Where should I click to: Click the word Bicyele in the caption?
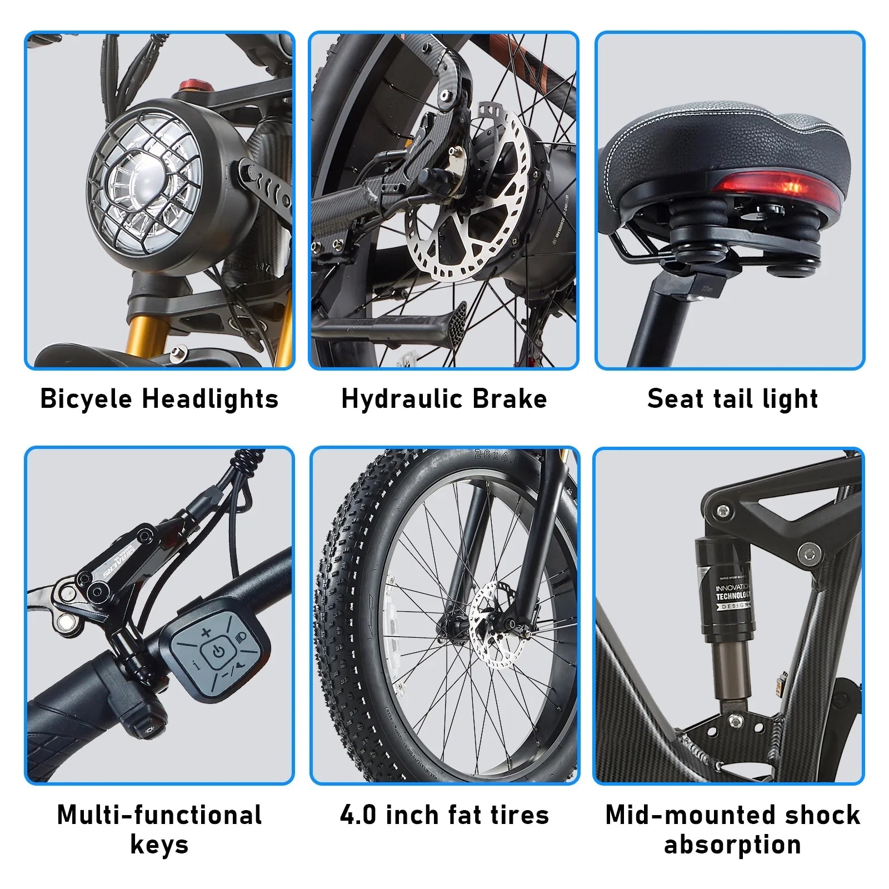click(87, 399)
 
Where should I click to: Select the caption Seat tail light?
click(732, 399)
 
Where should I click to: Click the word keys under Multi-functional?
click(159, 845)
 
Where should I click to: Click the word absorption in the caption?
click(732, 845)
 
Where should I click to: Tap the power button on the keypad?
click(219, 651)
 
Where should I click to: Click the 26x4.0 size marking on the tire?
click(495, 457)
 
